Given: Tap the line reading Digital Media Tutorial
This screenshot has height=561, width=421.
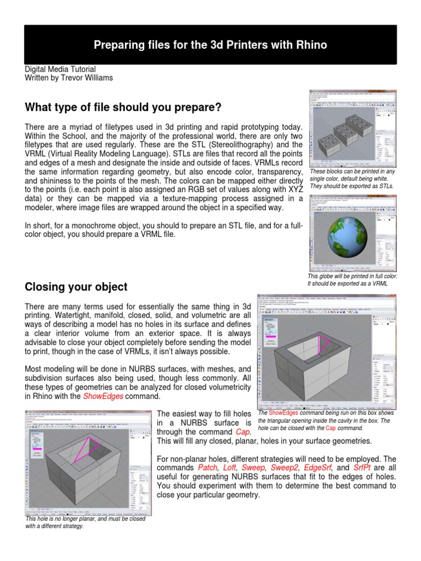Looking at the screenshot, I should pyautogui.click(x=60, y=70).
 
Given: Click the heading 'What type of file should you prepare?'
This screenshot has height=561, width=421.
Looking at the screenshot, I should pyautogui.click(x=123, y=106).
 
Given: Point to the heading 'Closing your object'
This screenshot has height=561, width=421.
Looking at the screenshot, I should pyautogui.click(x=76, y=287).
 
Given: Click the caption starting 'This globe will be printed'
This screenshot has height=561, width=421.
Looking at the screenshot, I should pyautogui.click(x=352, y=280).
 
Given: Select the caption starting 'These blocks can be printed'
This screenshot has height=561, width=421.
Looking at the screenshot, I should pyautogui.click(x=352, y=179).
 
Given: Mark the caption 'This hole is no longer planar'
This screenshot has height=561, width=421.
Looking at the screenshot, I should pyautogui.click(x=85, y=522).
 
